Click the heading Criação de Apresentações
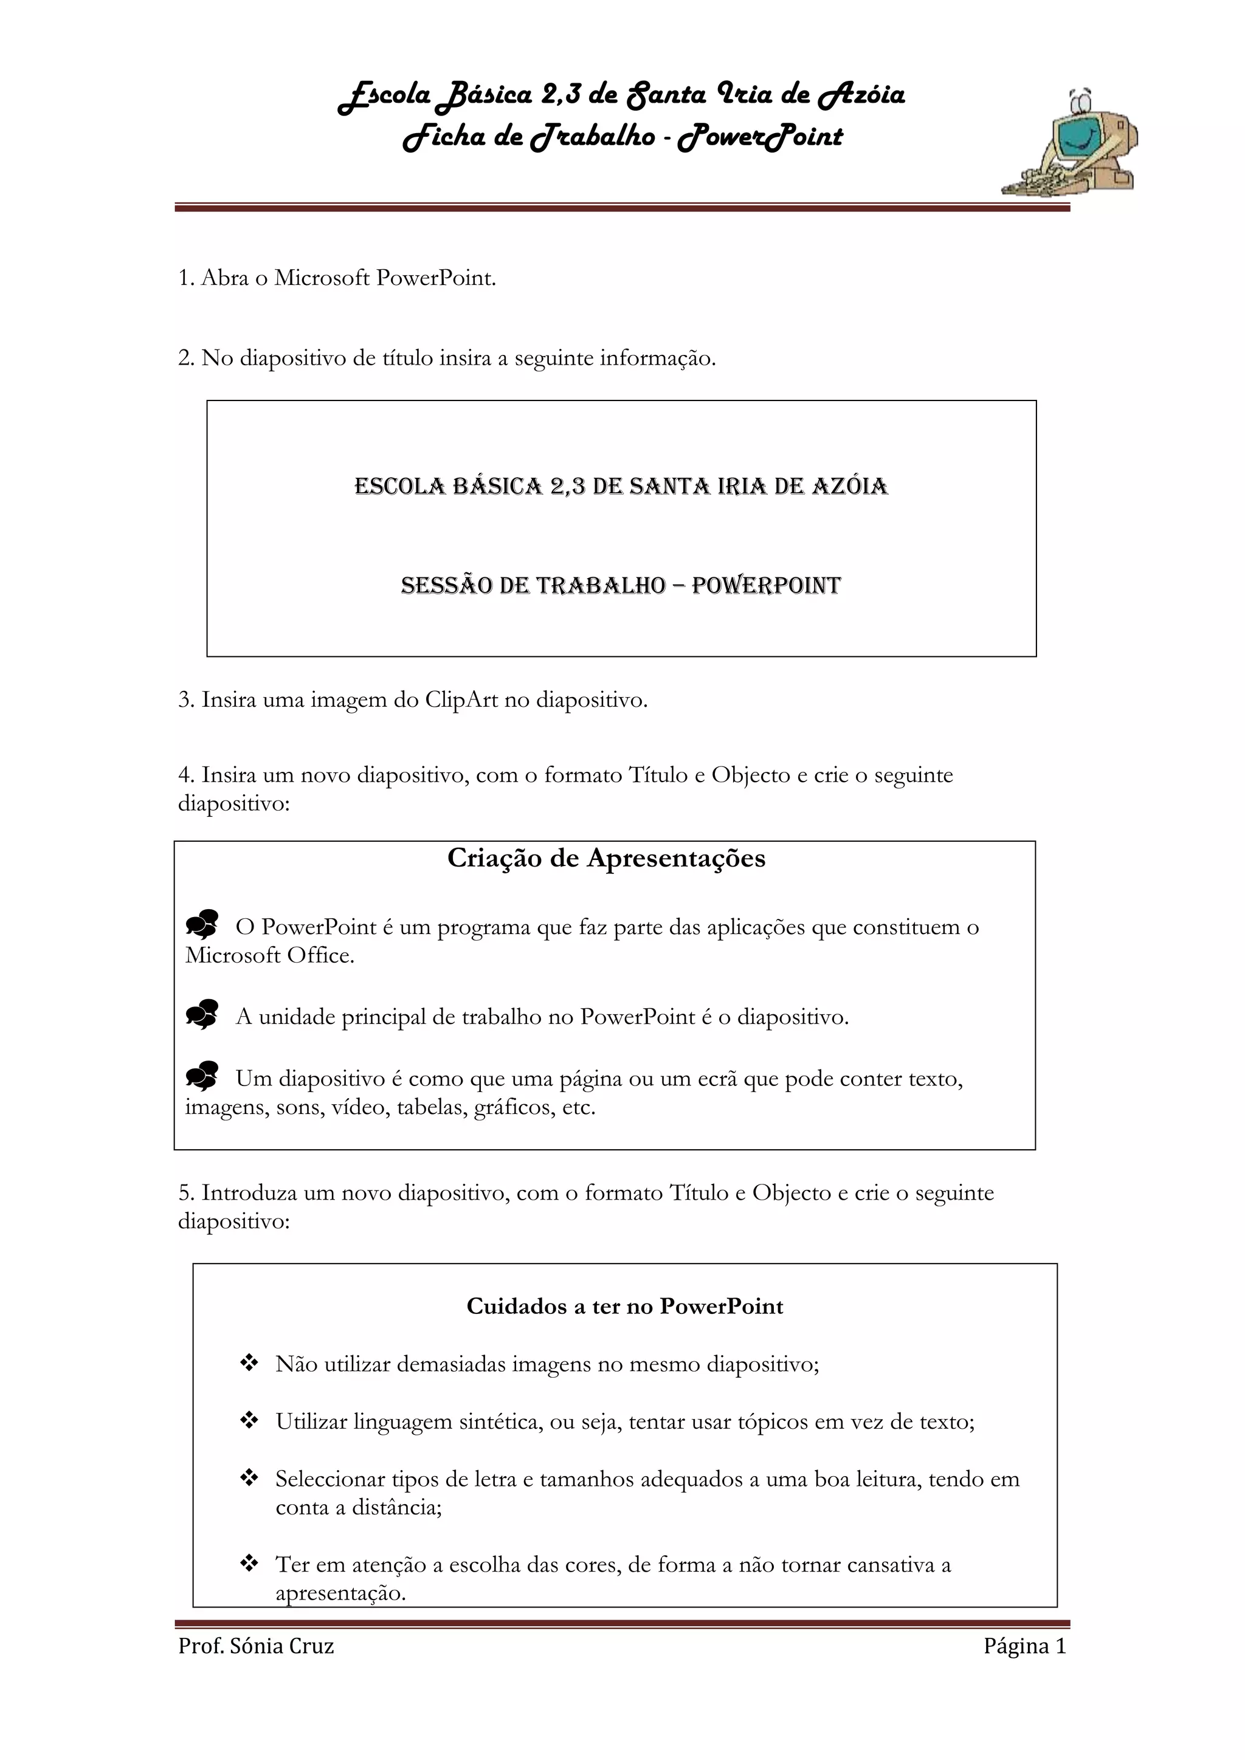click(x=607, y=858)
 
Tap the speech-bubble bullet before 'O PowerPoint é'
click(x=202, y=924)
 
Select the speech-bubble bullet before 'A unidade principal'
click(x=202, y=1014)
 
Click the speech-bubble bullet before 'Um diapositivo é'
click(x=202, y=1076)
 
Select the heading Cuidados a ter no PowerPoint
click(x=625, y=1306)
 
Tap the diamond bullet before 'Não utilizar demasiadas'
click(x=249, y=1363)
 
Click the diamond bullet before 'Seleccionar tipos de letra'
click(x=249, y=1477)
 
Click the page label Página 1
click(x=1025, y=1646)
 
